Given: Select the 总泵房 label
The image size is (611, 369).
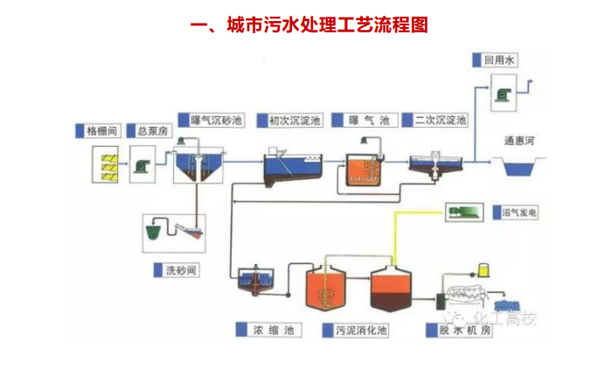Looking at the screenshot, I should [x=151, y=131].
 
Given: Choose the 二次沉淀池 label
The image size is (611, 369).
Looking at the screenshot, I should [x=440, y=120].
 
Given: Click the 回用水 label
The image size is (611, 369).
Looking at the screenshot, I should [x=502, y=61].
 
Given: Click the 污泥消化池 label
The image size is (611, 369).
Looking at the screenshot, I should [x=353, y=331].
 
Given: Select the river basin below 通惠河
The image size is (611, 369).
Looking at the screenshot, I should [x=519, y=164].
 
